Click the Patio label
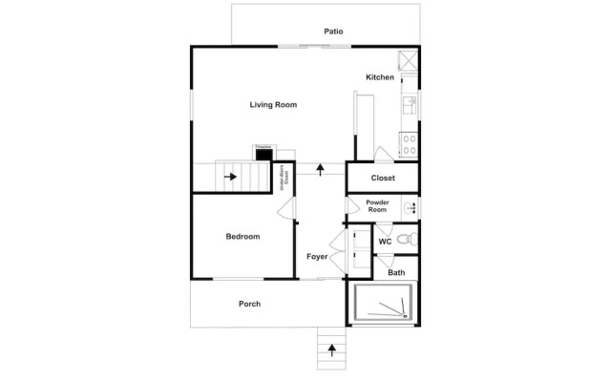(333, 32)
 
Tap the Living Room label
(274, 105)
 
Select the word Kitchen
(379, 77)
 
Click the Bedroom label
(242, 237)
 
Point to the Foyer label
(317, 257)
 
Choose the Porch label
(249, 305)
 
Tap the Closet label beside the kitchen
(383, 178)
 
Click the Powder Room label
(377, 206)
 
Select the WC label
(385, 242)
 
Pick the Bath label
(396, 273)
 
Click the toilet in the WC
(405, 238)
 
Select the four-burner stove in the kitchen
(408, 145)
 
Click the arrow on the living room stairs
(230, 177)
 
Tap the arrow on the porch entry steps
(332, 350)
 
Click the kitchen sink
(411, 104)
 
